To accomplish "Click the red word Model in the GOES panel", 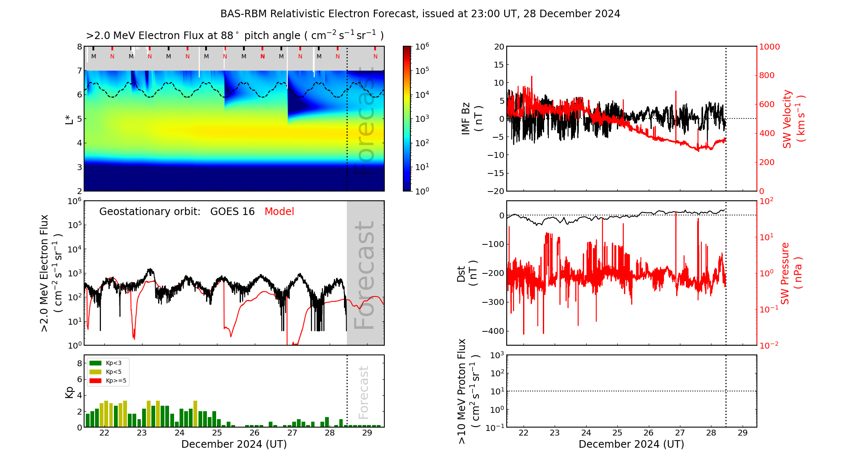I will point(279,212).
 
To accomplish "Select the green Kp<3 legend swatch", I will point(95,363).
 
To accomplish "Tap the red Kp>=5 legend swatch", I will point(95,381).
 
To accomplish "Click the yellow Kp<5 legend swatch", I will point(95,372).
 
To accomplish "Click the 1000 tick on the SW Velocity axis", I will point(769,47).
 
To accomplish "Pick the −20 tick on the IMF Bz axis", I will point(496,191).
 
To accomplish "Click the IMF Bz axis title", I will point(472,119).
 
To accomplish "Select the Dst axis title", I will point(467,273).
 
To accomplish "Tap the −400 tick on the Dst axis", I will point(493,331).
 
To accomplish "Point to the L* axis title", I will point(69,119).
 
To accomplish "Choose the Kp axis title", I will point(69,392).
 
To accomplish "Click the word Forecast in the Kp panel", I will point(364,392).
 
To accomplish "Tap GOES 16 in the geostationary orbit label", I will point(233,212).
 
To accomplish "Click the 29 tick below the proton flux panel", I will point(743,433).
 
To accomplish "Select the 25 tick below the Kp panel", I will point(217,433).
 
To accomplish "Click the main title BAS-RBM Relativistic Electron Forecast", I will point(318,14).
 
